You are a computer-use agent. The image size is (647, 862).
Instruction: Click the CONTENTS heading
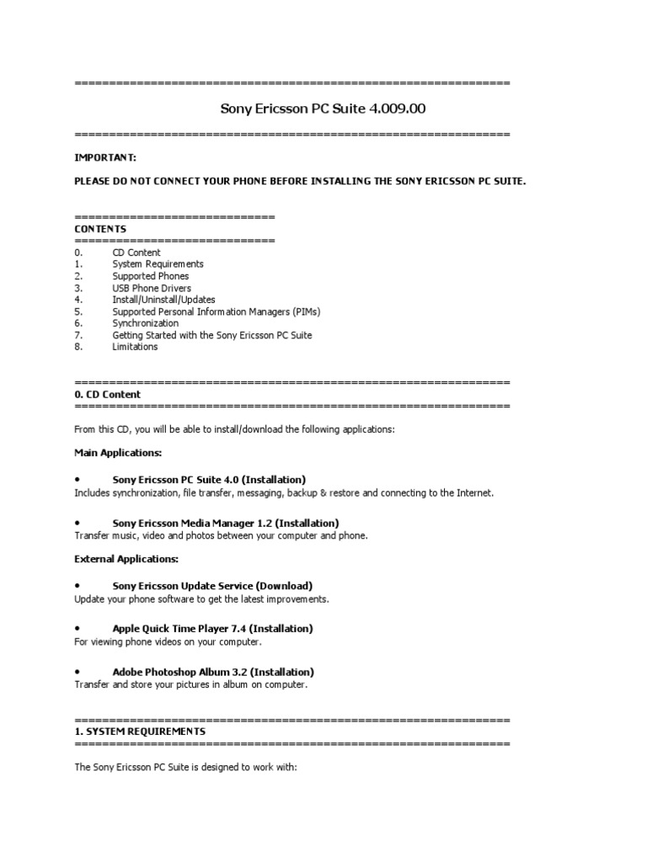[x=100, y=229]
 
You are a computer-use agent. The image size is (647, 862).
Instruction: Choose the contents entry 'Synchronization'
[x=146, y=323]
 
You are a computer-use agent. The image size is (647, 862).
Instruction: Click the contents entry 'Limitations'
[x=135, y=347]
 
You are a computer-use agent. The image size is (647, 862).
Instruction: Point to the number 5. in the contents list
[x=78, y=311]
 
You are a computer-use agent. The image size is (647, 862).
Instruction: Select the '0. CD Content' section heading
[x=108, y=394]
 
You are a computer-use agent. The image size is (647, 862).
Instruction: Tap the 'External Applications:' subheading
[x=126, y=559]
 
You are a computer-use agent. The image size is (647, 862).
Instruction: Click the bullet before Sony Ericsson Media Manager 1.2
[x=78, y=523]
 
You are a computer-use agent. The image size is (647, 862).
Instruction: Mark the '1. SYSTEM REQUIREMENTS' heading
[x=140, y=732]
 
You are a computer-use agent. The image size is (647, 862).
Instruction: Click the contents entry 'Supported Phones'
[x=151, y=276]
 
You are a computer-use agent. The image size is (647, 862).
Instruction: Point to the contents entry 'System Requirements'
[x=158, y=264]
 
